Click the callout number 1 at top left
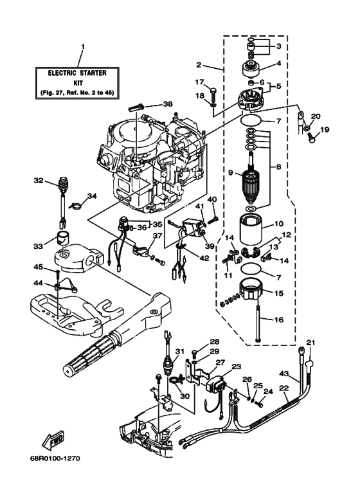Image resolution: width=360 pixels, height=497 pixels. pyautogui.click(x=82, y=47)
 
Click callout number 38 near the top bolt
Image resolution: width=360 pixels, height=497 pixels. pyautogui.click(x=168, y=104)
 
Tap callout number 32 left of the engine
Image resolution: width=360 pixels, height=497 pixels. pyautogui.click(x=38, y=181)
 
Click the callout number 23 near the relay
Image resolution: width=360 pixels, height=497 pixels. pyautogui.click(x=237, y=366)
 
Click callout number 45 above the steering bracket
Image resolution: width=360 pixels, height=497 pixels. pyautogui.click(x=38, y=267)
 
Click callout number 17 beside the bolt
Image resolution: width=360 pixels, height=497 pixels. pyautogui.click(x=199, y=82)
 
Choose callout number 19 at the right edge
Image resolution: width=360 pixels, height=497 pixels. pyautogui.click(x=325, y=130)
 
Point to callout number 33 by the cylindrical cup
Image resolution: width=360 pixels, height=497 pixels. pyautogui.click(x=38, y=245)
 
